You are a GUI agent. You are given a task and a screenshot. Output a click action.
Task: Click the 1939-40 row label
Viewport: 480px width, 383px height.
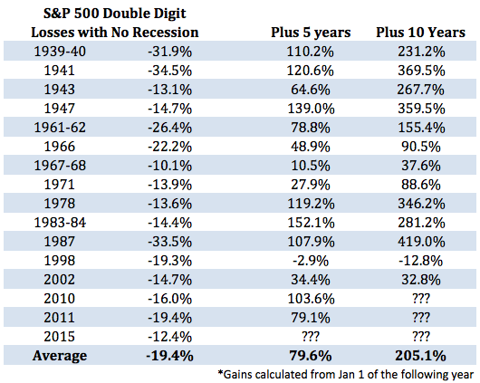[60, 51]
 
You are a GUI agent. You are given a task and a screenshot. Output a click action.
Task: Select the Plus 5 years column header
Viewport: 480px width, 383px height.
[311, 33]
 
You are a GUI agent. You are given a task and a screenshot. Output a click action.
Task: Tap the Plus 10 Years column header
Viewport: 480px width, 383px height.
[420, 33]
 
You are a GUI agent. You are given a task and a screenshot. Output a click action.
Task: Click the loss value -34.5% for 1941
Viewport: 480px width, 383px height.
[169, 71]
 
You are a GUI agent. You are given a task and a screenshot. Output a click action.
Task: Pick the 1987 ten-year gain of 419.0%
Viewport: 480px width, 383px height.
[421, 242]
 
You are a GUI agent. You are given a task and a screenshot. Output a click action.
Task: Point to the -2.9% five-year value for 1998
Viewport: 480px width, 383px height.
[311, 261]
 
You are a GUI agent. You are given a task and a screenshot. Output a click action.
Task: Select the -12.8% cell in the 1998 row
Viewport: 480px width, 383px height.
[420, 261]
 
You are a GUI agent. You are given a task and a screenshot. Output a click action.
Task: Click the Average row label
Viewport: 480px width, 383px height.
[60, 356]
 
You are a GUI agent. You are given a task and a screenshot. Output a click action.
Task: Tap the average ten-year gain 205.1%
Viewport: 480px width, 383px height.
[420, 356]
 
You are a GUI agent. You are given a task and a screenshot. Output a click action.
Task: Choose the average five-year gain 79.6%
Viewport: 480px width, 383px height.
[311, 356]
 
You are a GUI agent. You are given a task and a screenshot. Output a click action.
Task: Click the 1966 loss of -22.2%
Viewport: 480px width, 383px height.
[169, 147]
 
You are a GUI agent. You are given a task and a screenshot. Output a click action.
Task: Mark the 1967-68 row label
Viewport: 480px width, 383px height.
[60, 166]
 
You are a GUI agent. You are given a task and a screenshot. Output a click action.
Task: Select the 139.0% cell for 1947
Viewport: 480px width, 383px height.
[311, 109]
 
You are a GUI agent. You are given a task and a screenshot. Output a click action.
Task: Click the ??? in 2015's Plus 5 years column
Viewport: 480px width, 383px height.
[311, 337]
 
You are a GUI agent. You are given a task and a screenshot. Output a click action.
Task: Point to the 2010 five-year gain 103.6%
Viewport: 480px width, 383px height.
[311, 299]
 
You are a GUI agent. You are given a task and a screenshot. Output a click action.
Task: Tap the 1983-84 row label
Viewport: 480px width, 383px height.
[60, 223]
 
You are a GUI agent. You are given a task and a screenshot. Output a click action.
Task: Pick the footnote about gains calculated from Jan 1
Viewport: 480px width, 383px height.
[346, 375]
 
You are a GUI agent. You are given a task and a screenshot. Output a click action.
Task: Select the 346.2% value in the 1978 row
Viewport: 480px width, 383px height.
[421, 204]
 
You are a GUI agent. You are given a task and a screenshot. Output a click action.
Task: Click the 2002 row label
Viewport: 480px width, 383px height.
[60, 280]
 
